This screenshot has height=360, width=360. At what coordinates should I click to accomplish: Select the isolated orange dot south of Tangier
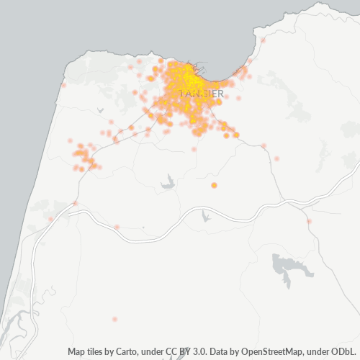[x=214, y=186]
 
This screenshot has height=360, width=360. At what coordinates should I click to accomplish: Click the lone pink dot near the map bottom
[x=114, y=318]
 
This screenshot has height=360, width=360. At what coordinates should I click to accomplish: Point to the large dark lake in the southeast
[x=292, y=267]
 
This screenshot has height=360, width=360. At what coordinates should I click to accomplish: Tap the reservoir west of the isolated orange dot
[x=168, y=182]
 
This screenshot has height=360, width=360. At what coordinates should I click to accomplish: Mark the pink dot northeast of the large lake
[x=309, y=221]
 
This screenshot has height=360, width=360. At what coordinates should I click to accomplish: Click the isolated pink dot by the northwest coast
[x=64, y=86]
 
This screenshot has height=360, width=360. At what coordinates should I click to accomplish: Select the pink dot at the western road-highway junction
[x=75, y=203]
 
